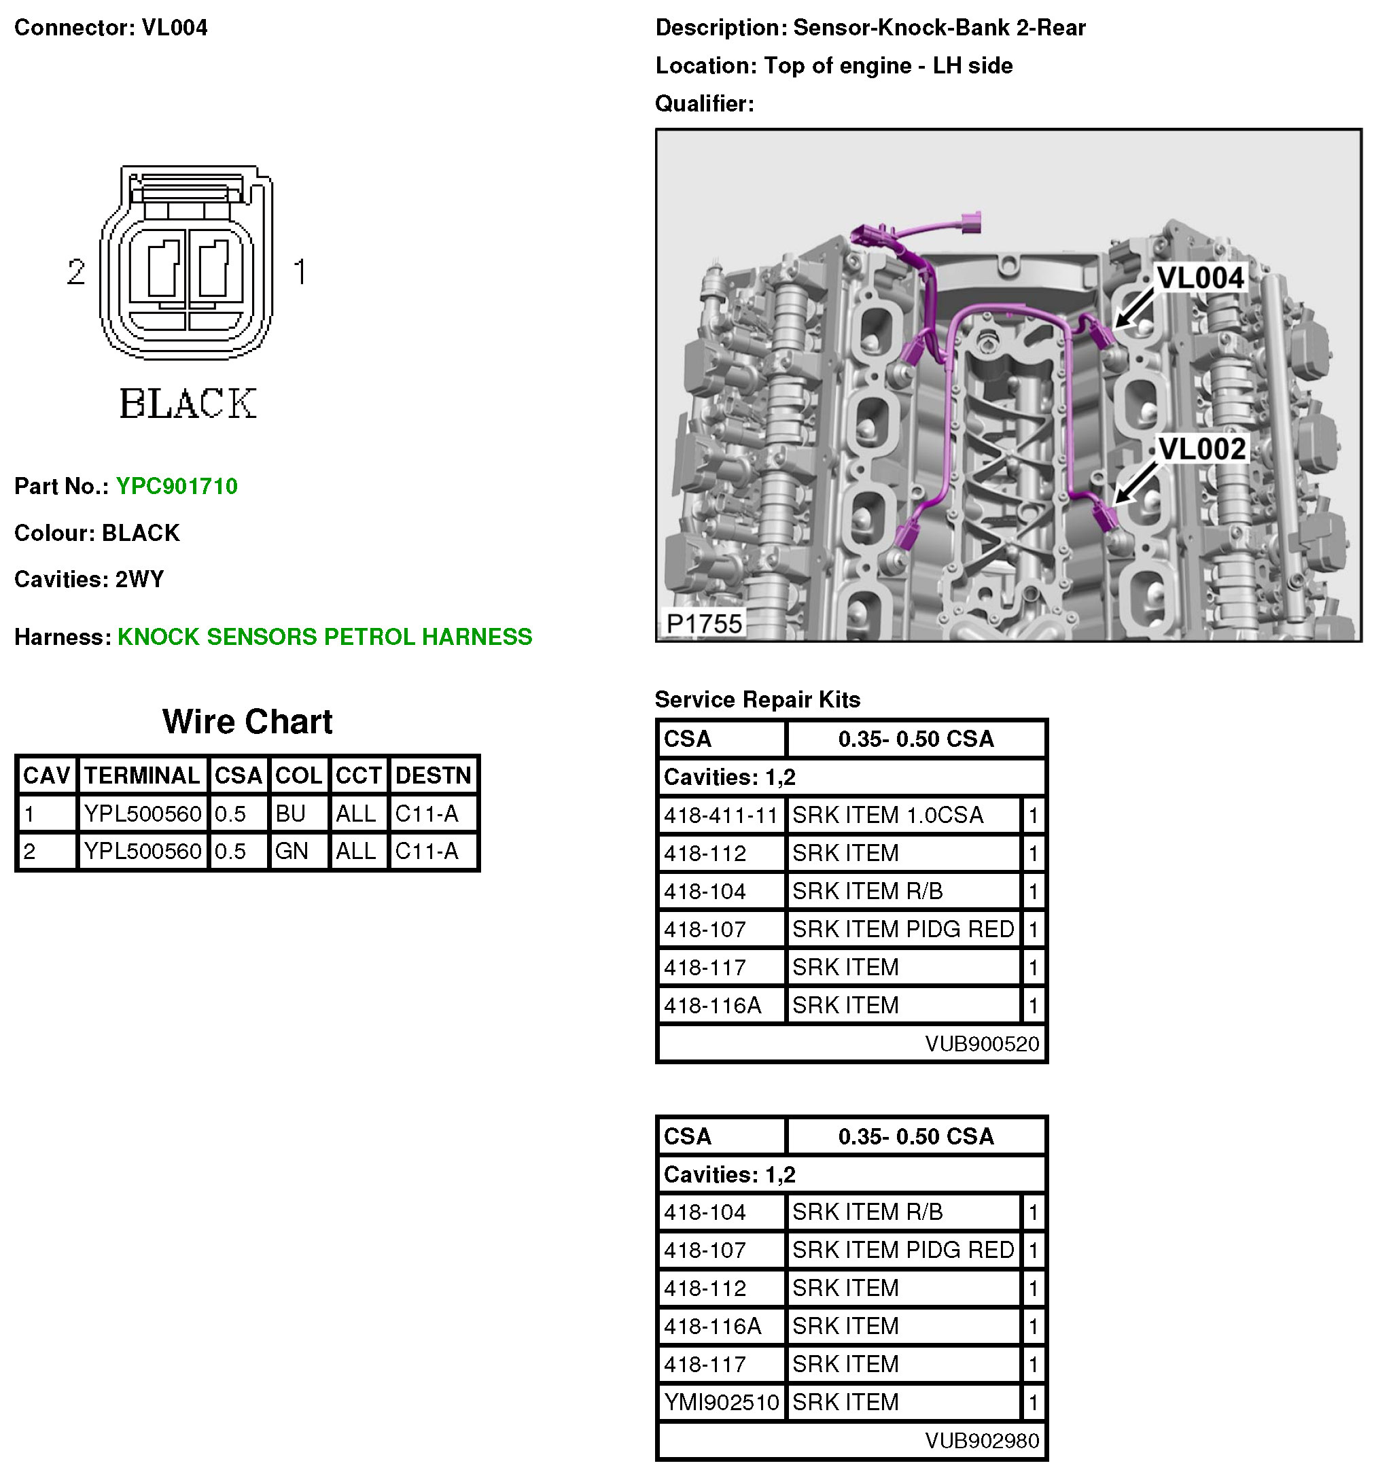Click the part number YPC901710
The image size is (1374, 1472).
click(x=176, y=487)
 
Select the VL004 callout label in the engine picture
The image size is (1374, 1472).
click(x=1199, y=279)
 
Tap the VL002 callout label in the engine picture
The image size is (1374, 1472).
click(x=1201, y=449)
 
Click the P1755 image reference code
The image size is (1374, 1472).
click(x=703, y=623)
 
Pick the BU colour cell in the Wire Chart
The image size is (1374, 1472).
click(x=290, y=813)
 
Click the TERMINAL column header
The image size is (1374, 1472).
click(x=141, y=775)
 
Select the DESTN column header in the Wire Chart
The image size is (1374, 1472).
click(x=433, y=775)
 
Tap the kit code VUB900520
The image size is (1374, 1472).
click(x=982, y=1043)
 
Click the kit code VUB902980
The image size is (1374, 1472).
click(x=982, y=1440)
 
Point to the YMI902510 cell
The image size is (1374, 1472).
click(x=721, y=1401)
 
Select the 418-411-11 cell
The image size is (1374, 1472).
click(x=720, y=816)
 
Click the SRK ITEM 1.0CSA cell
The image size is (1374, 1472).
click(x=887, y=816)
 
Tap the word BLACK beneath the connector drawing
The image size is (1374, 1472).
click(x=188, y=404)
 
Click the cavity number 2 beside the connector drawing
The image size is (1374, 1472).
click(x=75, y=272)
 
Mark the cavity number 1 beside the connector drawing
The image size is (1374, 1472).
click(x=300, y=272)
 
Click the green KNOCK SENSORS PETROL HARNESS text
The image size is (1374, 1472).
click(x=324, y=637)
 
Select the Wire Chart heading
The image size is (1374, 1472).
click(x=247, y=721)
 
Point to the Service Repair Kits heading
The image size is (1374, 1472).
click(x=757, y=700)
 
